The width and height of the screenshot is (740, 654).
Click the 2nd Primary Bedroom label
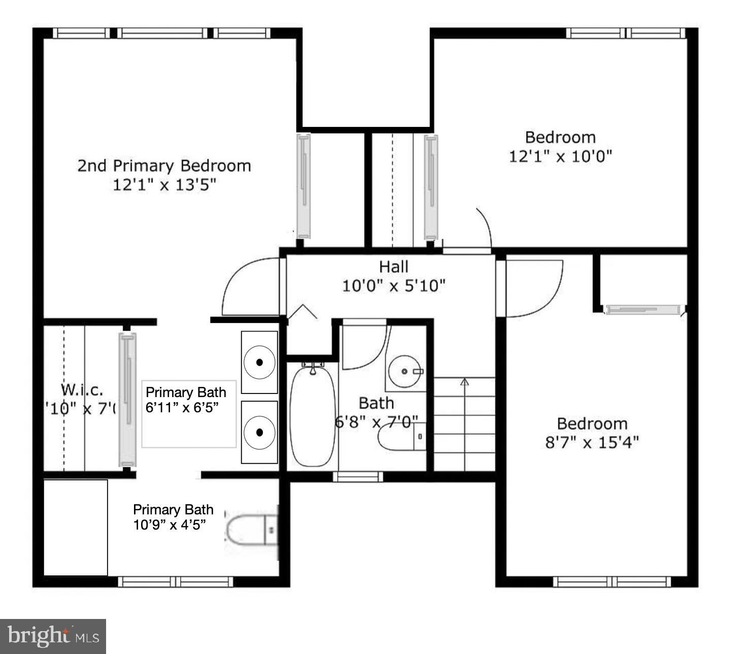click(164, 166)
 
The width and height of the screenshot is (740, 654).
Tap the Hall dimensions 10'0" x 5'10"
click(393, 286)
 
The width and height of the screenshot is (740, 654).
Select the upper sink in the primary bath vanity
click(259, 362)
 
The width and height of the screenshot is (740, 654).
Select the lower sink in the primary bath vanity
click(259, 432)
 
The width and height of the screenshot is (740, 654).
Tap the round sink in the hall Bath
click(405, 372)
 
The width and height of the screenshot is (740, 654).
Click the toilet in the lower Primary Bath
click(251, 530)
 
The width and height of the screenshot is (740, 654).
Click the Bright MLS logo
click(53, 636)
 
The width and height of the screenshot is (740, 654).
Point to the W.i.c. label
click(82, 390)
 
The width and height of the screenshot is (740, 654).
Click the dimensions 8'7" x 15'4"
click(592, 442)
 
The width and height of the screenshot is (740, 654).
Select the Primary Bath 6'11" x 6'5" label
click(186, 400)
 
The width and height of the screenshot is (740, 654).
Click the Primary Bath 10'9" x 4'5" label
click(173, 517)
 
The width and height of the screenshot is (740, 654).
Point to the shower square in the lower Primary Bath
click(76, 528)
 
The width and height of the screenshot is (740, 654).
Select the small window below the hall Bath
click(358, 476)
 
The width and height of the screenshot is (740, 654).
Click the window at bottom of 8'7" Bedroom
click(612, 581)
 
